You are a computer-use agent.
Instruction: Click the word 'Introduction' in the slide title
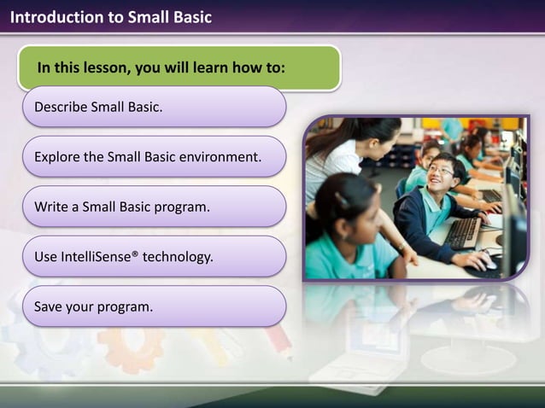coord(50,17)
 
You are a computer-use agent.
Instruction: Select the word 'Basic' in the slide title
coord(190,17)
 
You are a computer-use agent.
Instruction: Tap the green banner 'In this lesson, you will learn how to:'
coord(179,68)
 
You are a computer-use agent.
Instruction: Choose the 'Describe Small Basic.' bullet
coord(154,108)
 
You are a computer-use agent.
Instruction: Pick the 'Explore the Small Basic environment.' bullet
coord(154,157)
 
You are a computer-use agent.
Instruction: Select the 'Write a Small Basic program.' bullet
coord(154,207)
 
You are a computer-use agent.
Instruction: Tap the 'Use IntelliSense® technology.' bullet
coord(154,256)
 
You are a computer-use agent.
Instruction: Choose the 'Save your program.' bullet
coord(154,306)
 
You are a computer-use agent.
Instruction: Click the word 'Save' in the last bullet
coord(48,306)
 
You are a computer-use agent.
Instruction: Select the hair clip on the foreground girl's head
coord(343,198)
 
